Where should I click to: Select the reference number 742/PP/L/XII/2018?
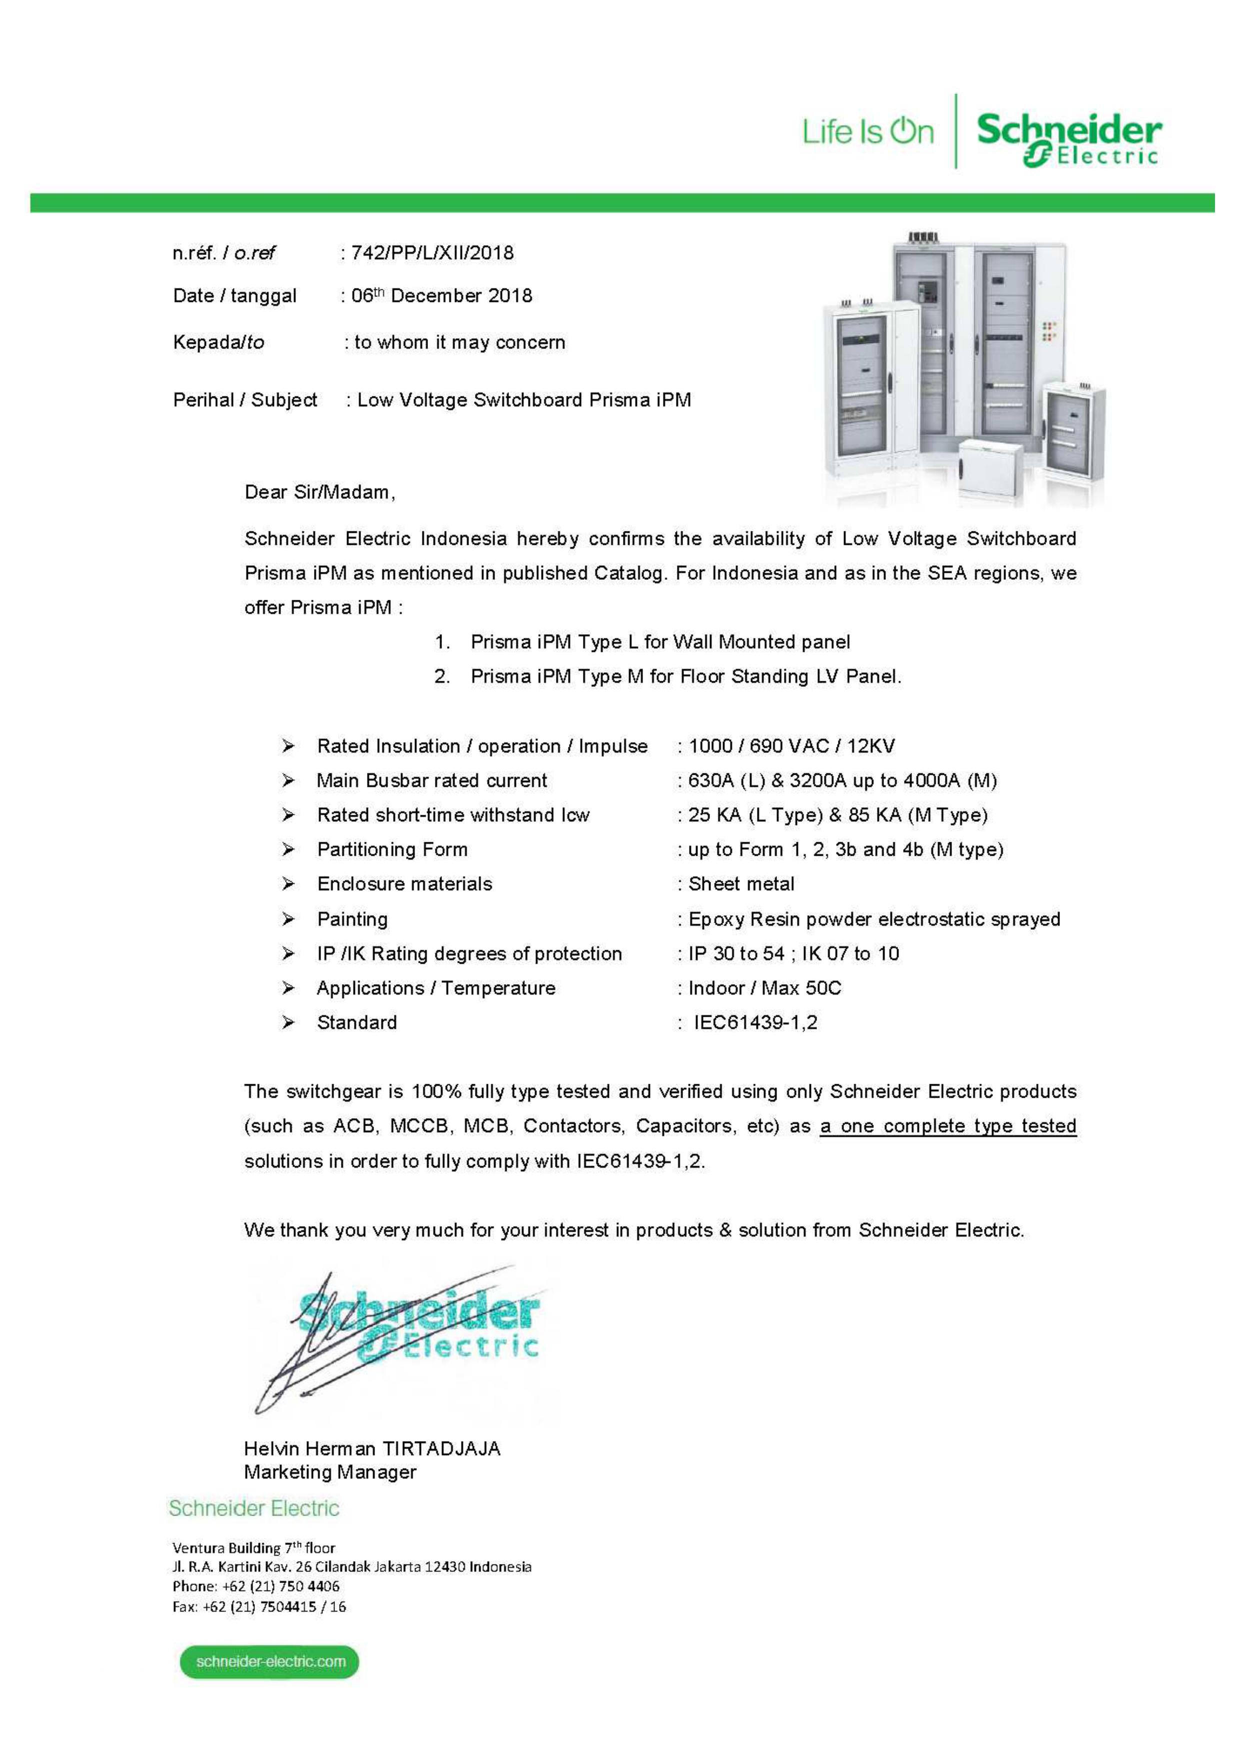432,253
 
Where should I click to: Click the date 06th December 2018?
441,295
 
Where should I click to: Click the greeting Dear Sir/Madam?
319,492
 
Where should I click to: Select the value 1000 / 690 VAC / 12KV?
791,746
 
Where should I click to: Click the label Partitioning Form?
392,849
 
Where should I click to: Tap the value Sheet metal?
741,884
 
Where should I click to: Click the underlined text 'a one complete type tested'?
947,1126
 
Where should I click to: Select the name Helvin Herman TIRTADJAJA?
372,1449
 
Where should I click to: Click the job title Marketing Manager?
330,1472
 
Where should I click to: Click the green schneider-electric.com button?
269,1662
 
